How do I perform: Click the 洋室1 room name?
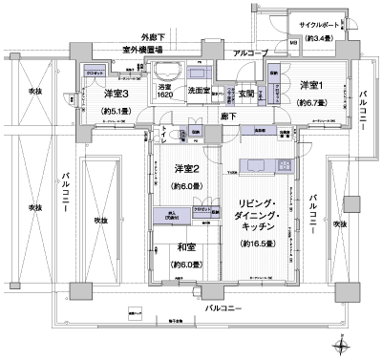click(x=309, y=83)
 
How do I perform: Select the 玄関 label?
click(x=245, y=92)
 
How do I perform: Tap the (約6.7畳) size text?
click(x=311, y=102)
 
